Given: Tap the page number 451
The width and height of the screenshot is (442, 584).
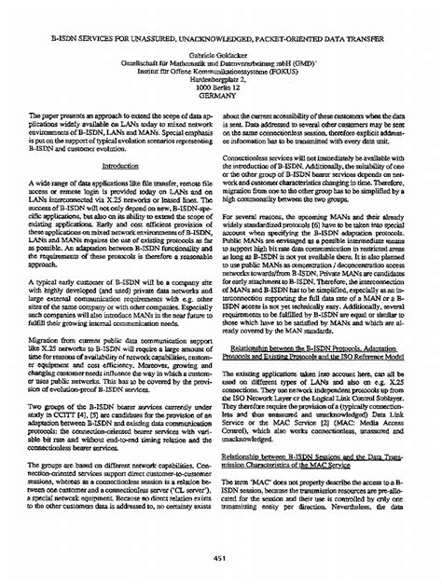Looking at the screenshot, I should pyautogui.click(x=220, y=557).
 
